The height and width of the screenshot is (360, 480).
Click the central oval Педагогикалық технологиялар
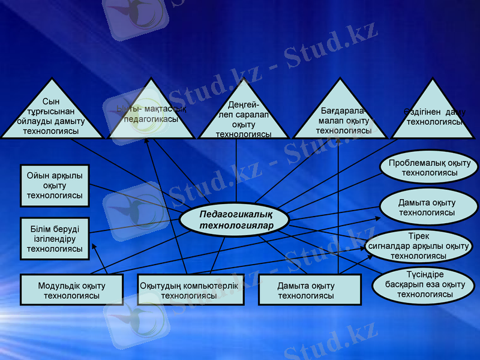[x=236, y=220]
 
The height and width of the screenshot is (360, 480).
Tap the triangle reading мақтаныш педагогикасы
[x=151, y=117]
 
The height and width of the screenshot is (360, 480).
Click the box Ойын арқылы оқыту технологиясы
[x=55, y=185]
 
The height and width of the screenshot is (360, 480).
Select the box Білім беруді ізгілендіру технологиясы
[x=55, y=238]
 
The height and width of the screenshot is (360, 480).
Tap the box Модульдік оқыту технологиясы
[x=71, y=290]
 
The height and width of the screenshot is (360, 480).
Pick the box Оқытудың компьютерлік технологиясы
[x=190, y=290]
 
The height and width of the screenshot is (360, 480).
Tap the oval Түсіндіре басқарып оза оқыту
[x=425, y=285]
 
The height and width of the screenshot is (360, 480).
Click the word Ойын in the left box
[x=37, y=176]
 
